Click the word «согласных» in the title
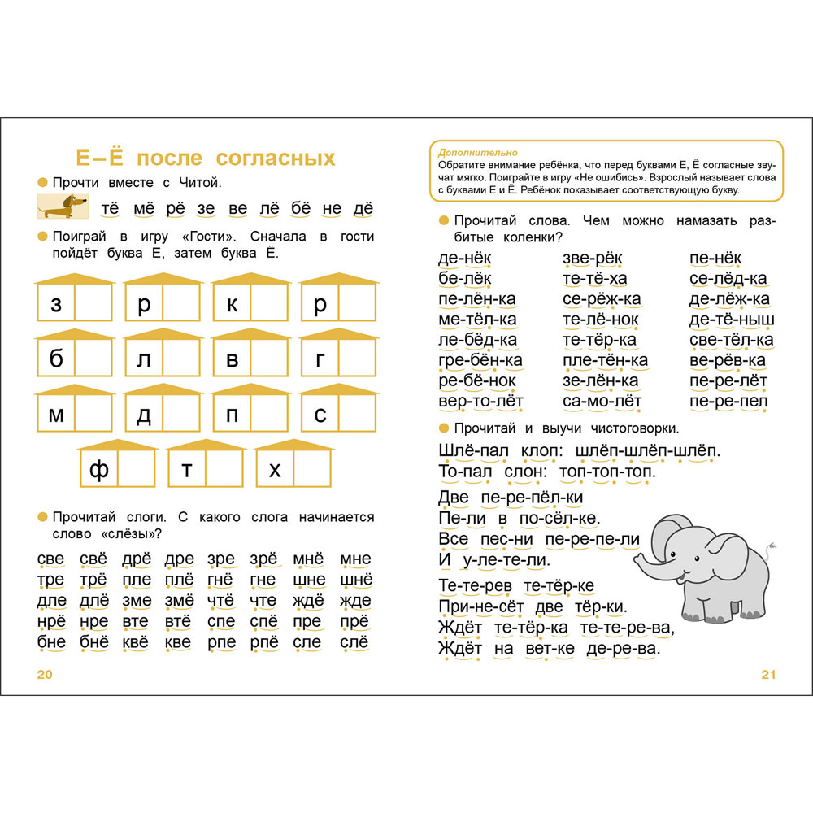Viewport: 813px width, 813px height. pyautogui.click(x=265, y=157)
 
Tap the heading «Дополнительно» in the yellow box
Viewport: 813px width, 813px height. pyautogui.click(x=472, y=152)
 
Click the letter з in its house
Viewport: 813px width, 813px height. pyautogui.click(x=56, y=305)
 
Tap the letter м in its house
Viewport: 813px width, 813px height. pyautogui.click(x=56, y=415)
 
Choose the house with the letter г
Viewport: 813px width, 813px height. pyautogui.click(x=337, y=359)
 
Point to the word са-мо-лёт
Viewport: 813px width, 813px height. pyautogui.click(x=602, y=401)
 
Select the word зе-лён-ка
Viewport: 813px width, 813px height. pyautogui.click(x=600, y=380)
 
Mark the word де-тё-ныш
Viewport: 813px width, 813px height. pyautogui.click(x=732, y=320)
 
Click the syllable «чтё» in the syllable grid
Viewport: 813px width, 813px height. pyautogui.click(x=220, y=601)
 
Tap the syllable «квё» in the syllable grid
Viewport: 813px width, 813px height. pyautogui.click(x=137, y=642)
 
